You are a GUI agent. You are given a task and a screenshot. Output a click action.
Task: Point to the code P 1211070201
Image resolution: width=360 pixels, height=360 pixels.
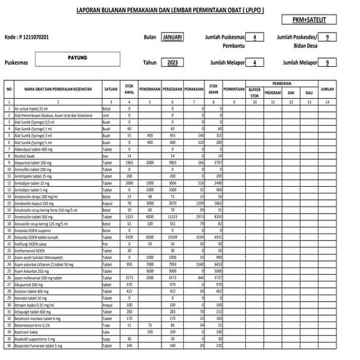33,36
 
